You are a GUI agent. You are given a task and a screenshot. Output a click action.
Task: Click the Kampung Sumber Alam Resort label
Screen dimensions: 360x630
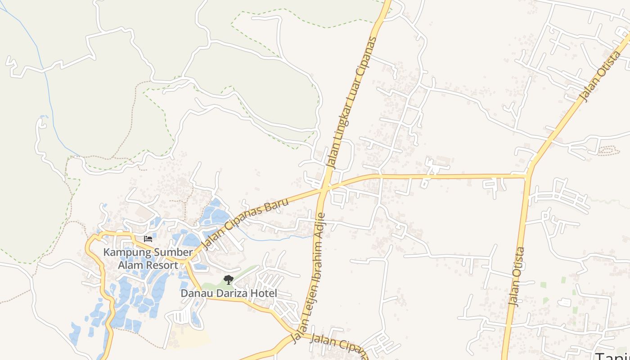pyautogui.click(x=148, y=259)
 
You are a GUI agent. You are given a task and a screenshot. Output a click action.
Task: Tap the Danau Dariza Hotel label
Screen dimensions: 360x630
pyautogui.click(x=229, y=293)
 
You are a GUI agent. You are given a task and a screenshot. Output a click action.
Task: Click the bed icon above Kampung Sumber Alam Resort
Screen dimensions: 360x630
pyautogui.click(x=148, y=238)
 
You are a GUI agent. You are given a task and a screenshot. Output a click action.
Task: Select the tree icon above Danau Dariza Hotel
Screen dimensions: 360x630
pyautogui.click(x=229, y=280)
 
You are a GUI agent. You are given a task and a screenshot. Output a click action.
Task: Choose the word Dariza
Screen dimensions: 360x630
pyautogui.click(x=234, y=293)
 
